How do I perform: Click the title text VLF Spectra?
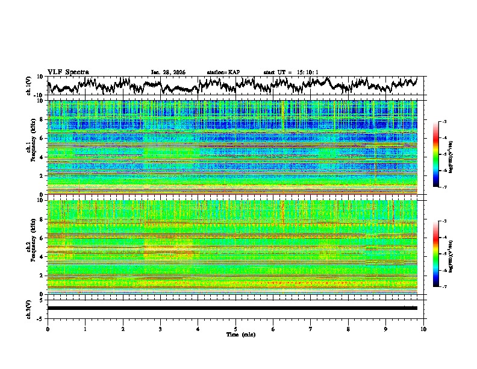(68, 72)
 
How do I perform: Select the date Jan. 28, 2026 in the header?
(168, 72)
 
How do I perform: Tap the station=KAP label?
(223, 72)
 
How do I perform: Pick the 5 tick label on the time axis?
(235, 329)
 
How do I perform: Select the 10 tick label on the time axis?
(423, 329)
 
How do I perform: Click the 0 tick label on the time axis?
(48, 329)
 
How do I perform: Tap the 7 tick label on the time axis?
(311, 329)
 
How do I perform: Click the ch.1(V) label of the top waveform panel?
(29, 86)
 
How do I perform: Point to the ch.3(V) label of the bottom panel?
(29, 307)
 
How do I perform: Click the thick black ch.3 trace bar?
(232, 308)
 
